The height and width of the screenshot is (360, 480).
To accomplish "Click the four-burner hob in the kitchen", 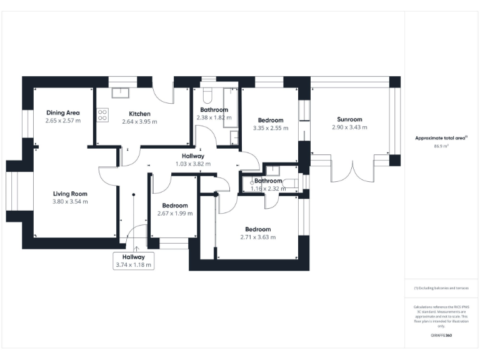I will (102, 114).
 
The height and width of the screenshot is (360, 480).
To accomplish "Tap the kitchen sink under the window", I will (120, 93).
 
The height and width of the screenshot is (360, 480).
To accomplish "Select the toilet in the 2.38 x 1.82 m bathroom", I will (208, 94).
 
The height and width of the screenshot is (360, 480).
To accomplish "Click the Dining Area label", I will (62, 112).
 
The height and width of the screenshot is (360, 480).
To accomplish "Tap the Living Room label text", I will (70, 194).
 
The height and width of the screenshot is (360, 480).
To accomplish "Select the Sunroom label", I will (349, 119).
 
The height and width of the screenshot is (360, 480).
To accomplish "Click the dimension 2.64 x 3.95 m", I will (139, 121).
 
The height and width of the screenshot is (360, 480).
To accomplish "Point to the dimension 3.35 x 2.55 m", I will (271, 128).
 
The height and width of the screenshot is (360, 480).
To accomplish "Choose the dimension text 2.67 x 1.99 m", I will (175, 213).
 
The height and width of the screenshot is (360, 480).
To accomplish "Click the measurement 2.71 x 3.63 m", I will (257, 237).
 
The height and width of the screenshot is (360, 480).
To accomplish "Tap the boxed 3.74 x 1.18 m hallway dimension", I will (133, 264).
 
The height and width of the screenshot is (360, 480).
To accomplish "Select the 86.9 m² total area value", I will (442, 146).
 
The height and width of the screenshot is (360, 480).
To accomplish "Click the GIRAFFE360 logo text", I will (441, 336).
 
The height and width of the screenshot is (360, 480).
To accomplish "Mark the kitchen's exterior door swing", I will (164, 94).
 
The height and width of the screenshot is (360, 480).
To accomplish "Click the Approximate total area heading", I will (442, 137).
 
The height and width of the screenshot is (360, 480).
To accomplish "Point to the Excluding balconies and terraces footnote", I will (441, 288).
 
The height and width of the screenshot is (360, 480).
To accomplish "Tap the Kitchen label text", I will (139, 114).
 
